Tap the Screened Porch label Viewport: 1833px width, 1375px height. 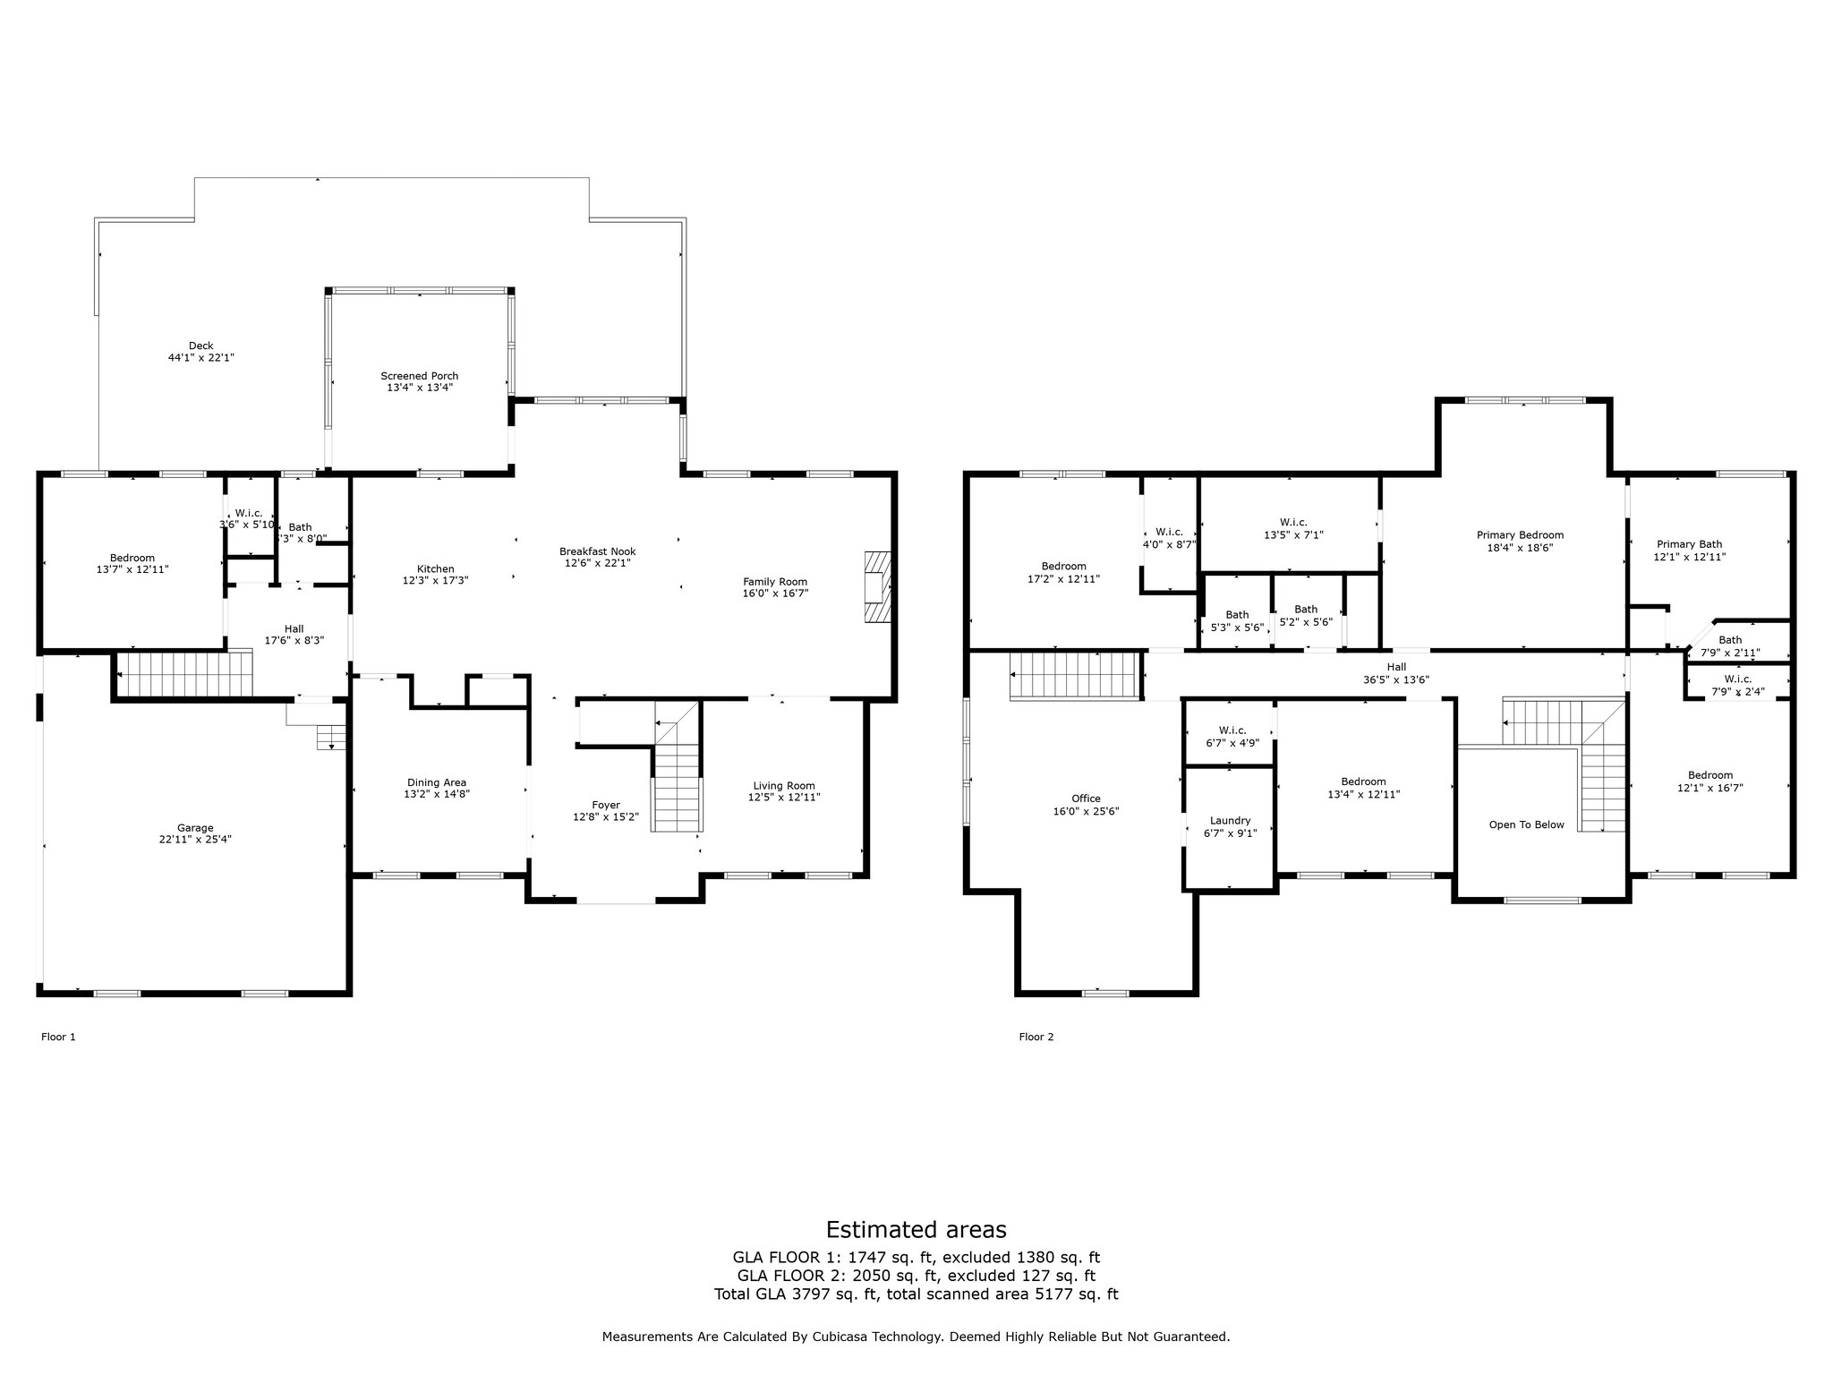[420, 376]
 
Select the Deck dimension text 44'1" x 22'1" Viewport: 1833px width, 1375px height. [201, 357]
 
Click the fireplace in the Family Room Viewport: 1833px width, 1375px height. [877, 587]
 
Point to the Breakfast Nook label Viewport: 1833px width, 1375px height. [598, 551]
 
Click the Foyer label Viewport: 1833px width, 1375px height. [606, 805]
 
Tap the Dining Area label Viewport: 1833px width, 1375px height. [437, 782]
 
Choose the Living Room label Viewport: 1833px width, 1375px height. [784, 786]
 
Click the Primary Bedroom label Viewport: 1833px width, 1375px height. [1521, 535]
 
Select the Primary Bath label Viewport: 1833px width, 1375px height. [1690, 544]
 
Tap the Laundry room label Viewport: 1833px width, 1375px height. [1231, 821]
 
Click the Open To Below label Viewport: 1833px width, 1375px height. [1527, 824]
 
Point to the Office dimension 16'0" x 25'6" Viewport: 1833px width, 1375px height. [1087, 811]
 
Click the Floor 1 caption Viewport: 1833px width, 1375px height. [59, 1037]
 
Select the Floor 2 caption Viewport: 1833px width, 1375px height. [1036, 1037]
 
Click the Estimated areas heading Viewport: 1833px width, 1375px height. [916, 1229]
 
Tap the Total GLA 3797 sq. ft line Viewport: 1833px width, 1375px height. [916, 1294]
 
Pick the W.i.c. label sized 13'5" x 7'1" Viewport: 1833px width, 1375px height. [1293, 522]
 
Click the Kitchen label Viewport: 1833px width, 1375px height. [436, 569]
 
